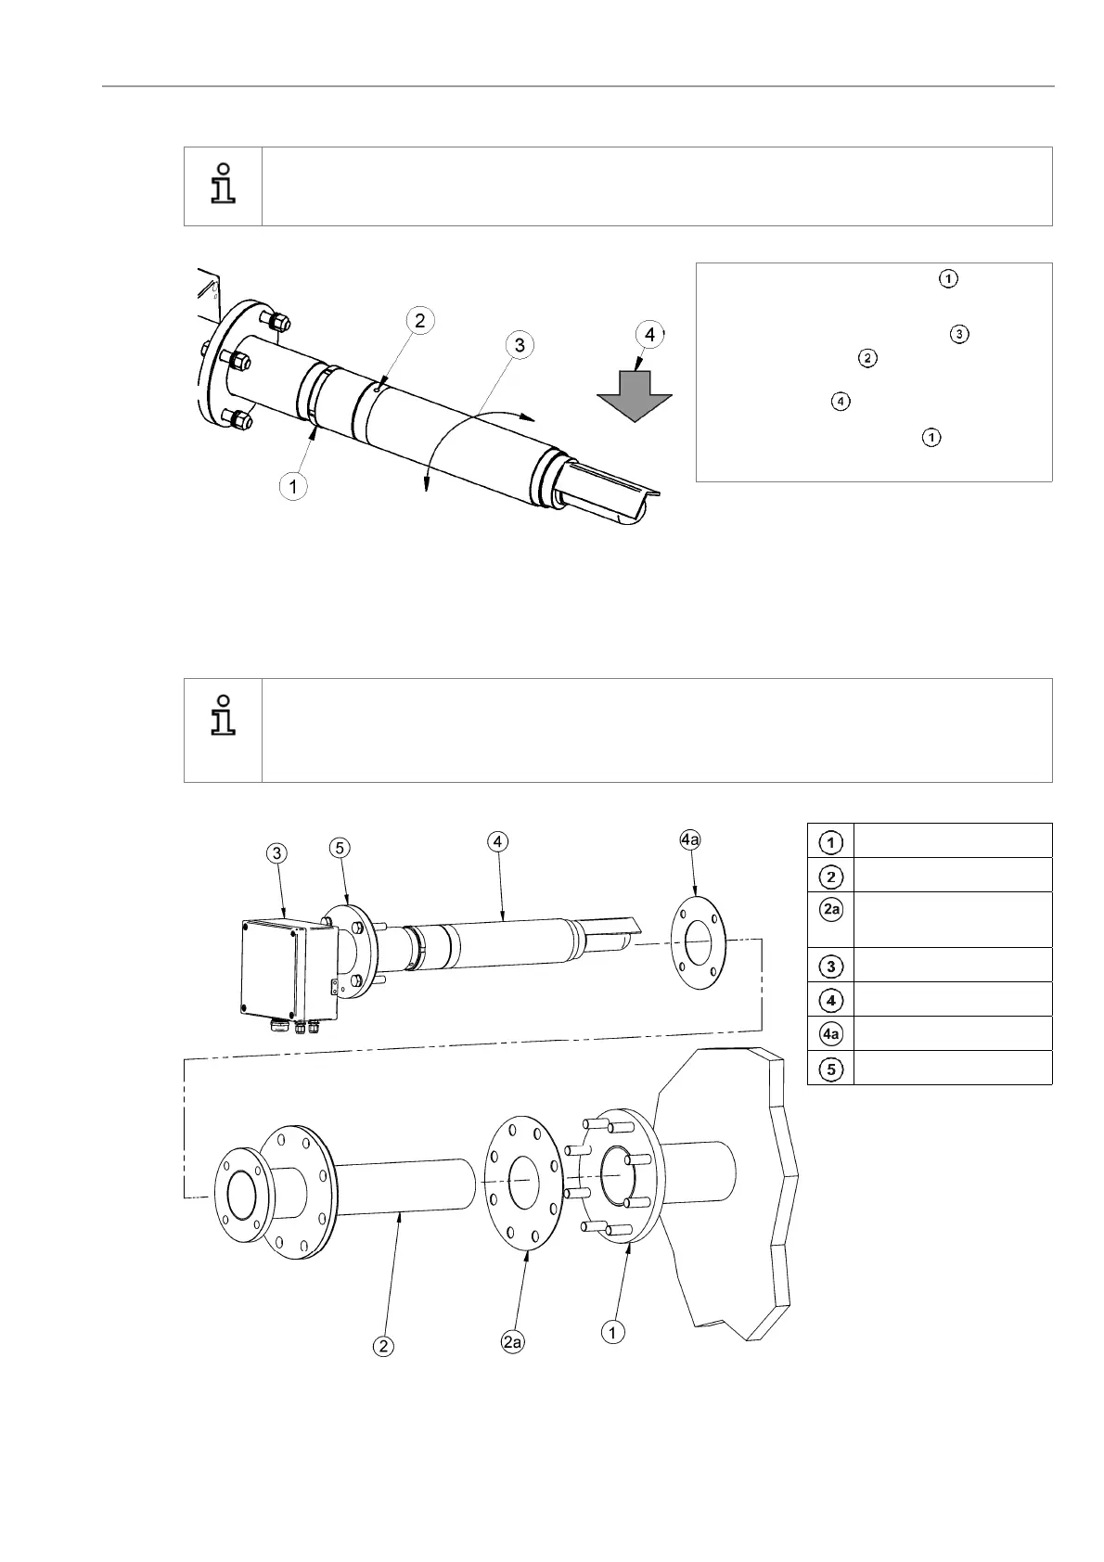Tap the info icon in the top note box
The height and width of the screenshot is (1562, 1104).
point(223,184)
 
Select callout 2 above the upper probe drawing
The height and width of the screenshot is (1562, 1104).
point(419,321)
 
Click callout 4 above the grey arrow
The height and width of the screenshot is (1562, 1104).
point(649,335)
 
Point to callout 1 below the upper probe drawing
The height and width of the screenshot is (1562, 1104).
point(294,485)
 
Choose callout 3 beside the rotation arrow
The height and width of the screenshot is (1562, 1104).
point(520,345)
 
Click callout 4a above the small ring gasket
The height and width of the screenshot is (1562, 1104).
point(690,839)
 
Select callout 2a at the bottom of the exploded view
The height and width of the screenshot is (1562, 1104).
point(512,1341)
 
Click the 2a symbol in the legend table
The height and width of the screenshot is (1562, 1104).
point(831,910)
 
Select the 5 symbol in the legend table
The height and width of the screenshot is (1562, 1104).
point(831,1069)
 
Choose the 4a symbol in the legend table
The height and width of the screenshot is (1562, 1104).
point(831,1034)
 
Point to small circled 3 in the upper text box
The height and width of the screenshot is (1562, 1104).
point(958,333)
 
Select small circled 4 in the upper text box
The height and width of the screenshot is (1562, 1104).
point(839,402)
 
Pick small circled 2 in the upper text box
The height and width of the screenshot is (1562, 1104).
point(867,358)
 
